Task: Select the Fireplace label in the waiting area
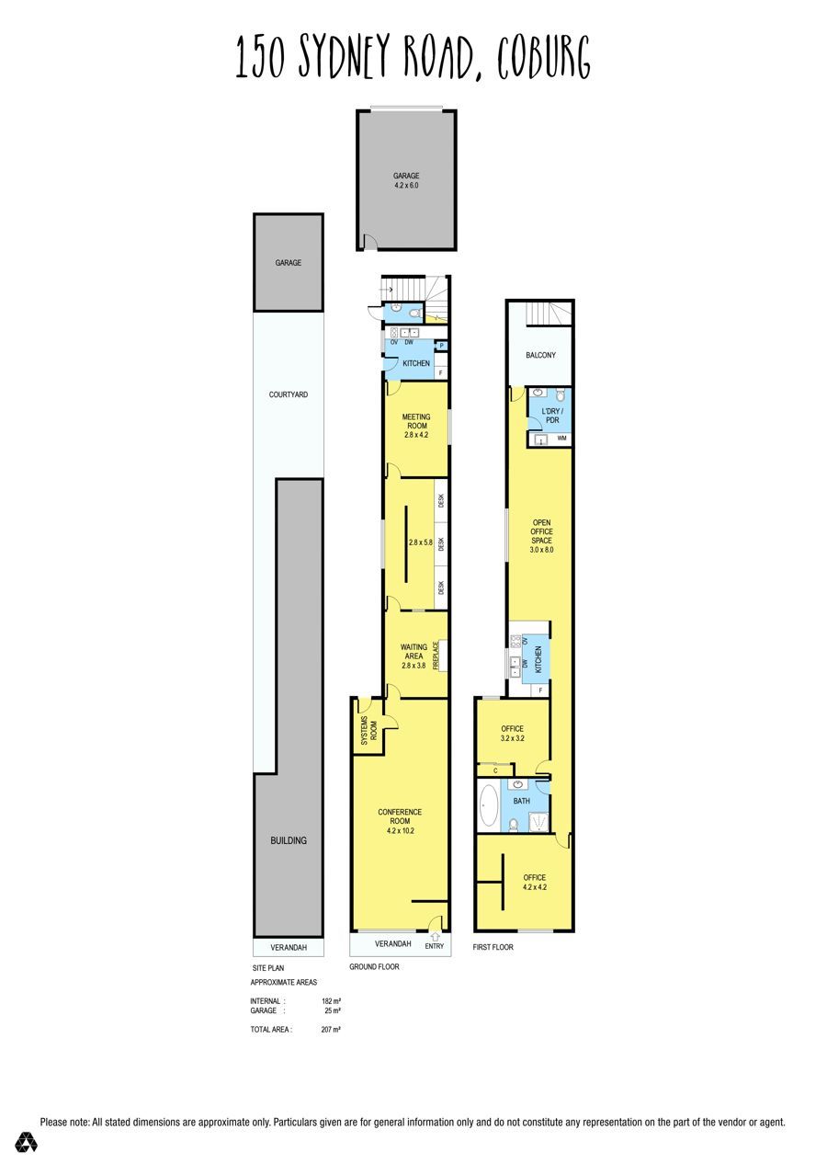tap(436, 656)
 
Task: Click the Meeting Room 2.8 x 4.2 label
tap(416, 426)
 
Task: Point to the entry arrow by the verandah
tap(435, 936)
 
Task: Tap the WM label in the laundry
tap(561, 438)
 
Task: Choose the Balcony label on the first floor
tap(540, 355)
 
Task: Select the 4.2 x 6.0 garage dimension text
tap(406, 185)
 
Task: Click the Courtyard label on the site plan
tap(288, 394)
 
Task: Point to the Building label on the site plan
tap(289, 840)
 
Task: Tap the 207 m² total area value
tap(331, 1029)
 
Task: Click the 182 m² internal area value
tap(332, 1001)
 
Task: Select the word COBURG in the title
tap(544, 57)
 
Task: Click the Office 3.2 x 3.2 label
tap(512, 733)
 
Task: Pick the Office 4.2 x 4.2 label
tap(535, 882)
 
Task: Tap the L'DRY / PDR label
tap(551, 416)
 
